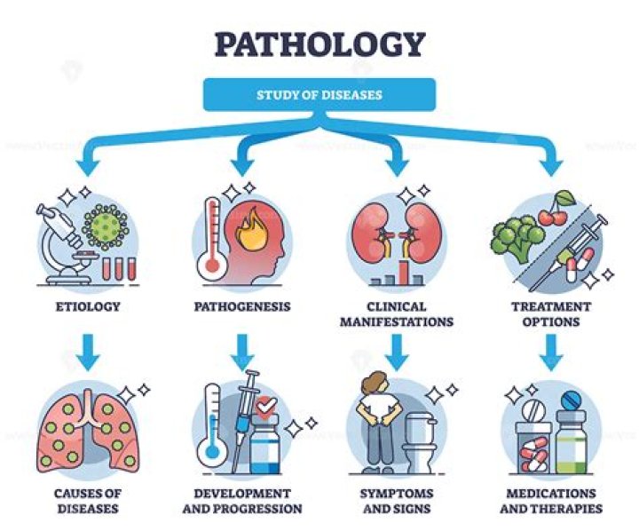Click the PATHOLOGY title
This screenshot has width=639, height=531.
pyautogui.click(x=319, y=42)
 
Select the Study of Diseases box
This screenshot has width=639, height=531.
pyautogui.click(x=319, y=95)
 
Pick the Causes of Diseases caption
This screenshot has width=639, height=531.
pyautogui.click(x=86, y=501)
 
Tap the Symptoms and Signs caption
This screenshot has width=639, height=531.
pyautogui.click(x=396, y=501)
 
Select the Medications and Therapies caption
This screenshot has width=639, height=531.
pyautogui.click(x=551, y=501)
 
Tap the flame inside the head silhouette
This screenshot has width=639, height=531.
pyautogui.click(x=247, y=221)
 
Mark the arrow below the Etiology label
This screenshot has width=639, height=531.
pyautogui.click(x=86, y=351)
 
